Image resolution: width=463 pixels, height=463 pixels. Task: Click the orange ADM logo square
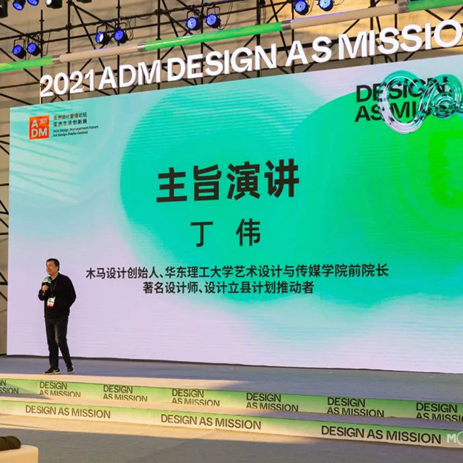click(x=38, y=127)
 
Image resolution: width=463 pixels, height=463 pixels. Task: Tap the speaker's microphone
click(x=46, y=281)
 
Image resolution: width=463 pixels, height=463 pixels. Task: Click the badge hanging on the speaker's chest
click(x=51, y=301)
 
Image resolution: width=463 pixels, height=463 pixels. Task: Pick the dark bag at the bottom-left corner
click(x=9, y=443)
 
